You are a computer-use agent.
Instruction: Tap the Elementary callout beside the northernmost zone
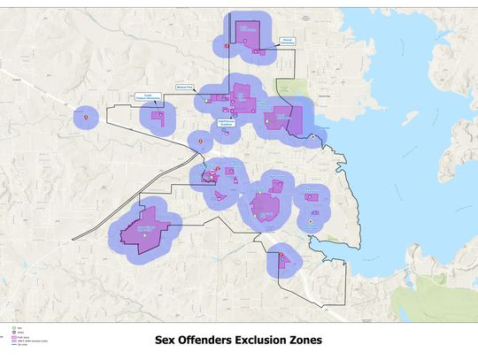tap(287, 41)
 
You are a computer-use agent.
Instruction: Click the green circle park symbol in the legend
tap(8, 326)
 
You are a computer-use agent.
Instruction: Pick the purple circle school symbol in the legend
tap(8, 331)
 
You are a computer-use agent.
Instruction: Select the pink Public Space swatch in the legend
tap(8, 336)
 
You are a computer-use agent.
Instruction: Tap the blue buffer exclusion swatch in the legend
tap(8, 341)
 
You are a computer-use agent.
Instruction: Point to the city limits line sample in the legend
tap(8, 345)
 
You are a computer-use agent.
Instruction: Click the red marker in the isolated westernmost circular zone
tap(86, 117)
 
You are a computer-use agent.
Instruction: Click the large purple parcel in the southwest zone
tap(142, 230)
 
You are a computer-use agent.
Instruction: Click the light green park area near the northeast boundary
tap(285, 88)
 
